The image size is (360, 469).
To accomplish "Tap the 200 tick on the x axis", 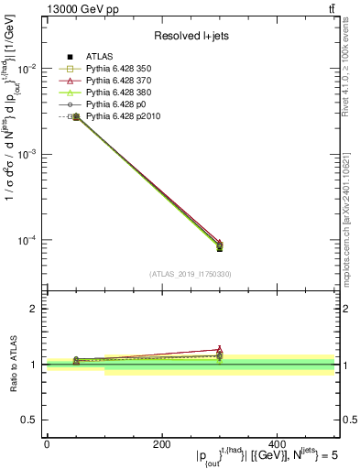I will point(161,443).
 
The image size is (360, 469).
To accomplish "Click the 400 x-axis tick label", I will point(277,443).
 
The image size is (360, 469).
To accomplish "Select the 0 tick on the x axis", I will point(47,443).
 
